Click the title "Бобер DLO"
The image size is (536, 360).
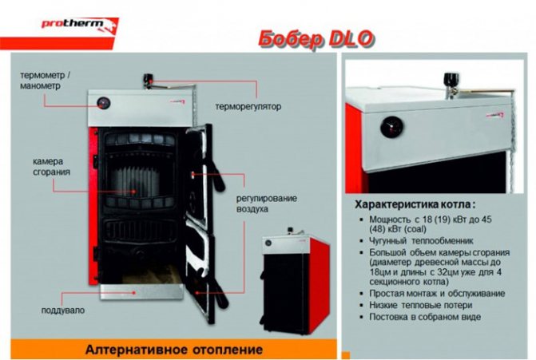pos(316,39)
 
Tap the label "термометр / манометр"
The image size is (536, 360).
pos(45,81)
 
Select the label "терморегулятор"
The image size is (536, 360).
pos(248,107)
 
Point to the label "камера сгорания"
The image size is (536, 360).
pos(51,167)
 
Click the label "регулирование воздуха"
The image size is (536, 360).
pos(267,204)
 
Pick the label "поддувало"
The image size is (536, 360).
pos(63,311)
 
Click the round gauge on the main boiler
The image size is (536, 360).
pos(103,103)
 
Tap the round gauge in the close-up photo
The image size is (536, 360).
pos(391,127)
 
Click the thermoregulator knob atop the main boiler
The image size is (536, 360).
pos(149,80)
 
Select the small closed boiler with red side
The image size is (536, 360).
pos(296,281)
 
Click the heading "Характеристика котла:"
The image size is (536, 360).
pos(415,205)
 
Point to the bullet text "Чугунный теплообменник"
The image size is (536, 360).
pos(421,241)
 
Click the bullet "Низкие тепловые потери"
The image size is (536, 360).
pos(420,305)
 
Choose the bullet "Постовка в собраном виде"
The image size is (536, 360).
pos(425,317)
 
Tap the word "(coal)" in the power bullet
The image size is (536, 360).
pos(415,229)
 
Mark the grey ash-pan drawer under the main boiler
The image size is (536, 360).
pos(142,292)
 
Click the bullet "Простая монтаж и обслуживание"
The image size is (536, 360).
pos(437,294)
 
